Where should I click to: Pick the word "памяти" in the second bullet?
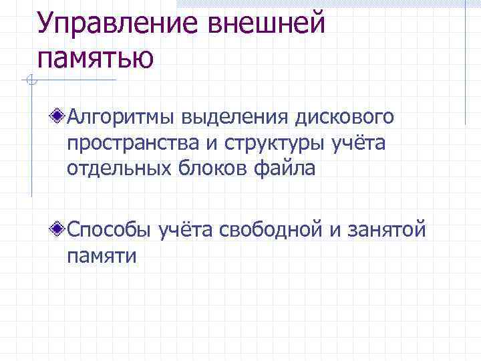pyautogui.click(x=101, y=256)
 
